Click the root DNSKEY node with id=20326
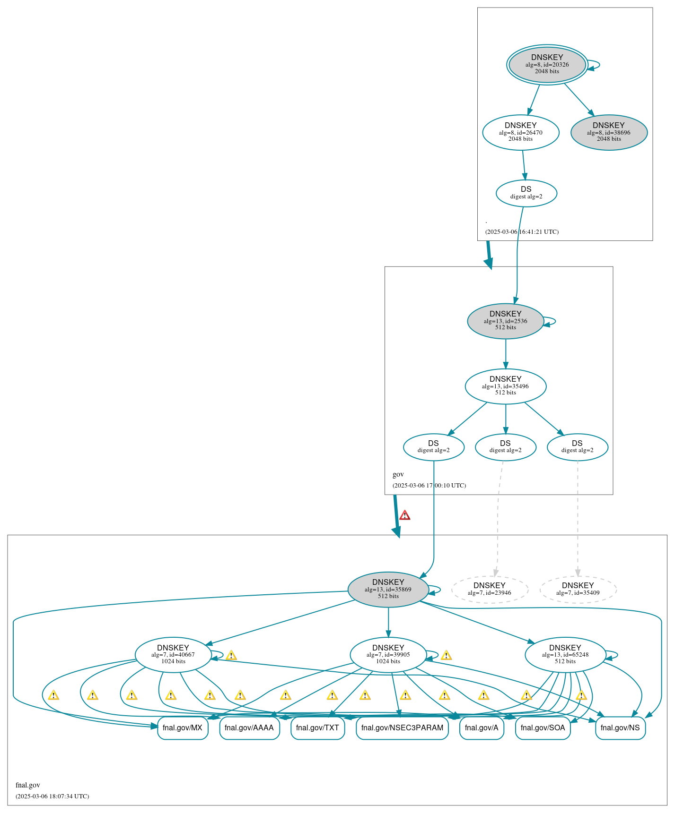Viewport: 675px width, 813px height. coord(547,65)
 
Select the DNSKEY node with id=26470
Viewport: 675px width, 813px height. coord(520,132)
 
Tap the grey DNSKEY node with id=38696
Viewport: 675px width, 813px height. coord(609,132)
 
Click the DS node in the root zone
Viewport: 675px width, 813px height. coord(526,193)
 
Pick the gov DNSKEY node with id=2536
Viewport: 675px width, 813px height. coord(505,321)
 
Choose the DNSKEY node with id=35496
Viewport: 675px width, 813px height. coord(505,386)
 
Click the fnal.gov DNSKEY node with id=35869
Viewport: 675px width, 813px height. coord(388,589)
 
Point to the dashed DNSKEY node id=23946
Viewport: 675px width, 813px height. coord(489,589)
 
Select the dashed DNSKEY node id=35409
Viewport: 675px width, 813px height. coord(578,589)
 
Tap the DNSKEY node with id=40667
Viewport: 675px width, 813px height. coord(173,654)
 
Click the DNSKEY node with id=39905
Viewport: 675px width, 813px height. coord(388,654)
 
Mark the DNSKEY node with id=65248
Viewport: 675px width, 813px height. coord(565,654)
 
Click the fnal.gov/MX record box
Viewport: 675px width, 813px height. coord(183,727)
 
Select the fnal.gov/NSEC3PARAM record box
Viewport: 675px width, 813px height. coord(402,727)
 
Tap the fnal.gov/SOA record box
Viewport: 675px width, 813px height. coord(543,727)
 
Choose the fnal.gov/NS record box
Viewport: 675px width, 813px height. coord(620,727)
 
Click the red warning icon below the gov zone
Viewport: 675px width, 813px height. coord(404,515)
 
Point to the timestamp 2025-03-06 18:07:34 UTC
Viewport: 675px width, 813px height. coord(52,796)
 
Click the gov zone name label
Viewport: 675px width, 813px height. coord(398,474)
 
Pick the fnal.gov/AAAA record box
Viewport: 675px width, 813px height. coord(249,727)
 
